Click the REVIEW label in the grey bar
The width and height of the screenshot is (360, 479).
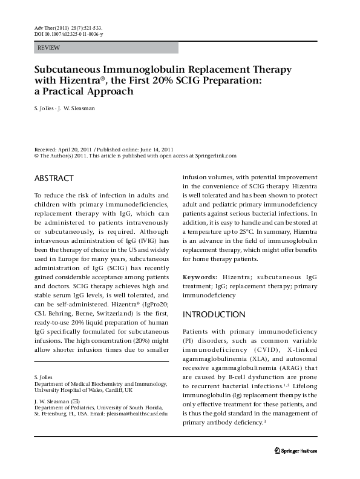[48, 47]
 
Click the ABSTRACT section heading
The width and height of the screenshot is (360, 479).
[54, 179]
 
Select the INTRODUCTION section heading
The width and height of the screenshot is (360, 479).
[214, 315]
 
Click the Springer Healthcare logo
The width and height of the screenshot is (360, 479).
[300, 467]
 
